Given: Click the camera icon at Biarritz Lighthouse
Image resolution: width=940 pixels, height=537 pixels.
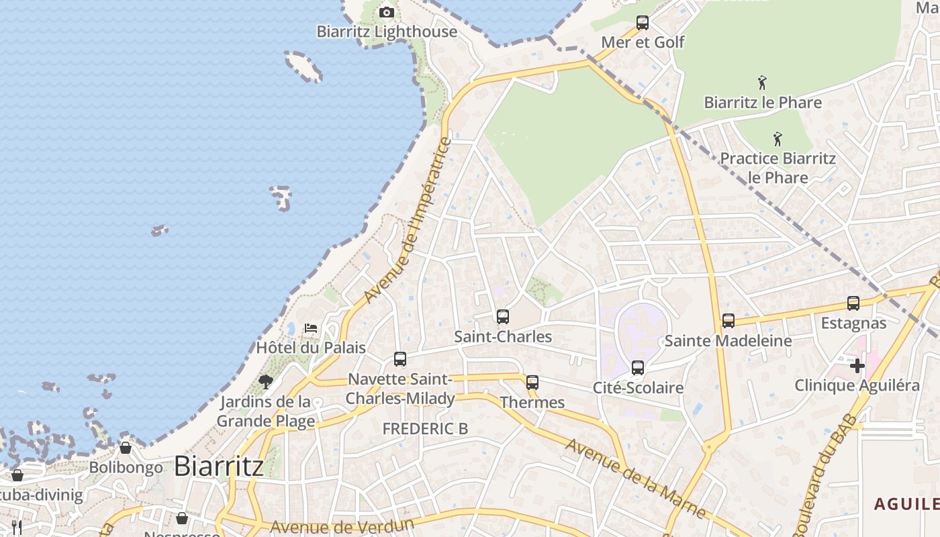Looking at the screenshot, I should tap(386, 12).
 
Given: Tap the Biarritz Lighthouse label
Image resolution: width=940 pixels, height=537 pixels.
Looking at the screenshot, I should tap(387, 32).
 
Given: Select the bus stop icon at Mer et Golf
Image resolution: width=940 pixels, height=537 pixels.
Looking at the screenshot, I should tap(643, 23).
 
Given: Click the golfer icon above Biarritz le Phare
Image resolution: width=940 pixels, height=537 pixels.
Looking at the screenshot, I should tap(762, 83).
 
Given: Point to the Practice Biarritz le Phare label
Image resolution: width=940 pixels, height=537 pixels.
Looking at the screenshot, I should tap(778, 168).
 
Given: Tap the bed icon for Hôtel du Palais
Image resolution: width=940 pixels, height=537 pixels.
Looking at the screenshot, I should tap(311, 328).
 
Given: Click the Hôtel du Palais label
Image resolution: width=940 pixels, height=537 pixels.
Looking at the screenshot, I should tap(311, 348).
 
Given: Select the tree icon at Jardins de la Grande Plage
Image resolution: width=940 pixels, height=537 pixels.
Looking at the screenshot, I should tap(266, 382).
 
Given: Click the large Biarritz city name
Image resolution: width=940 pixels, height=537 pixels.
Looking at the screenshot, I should tap(218, 467).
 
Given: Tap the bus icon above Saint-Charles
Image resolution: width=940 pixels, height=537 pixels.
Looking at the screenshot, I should tap(503, 317).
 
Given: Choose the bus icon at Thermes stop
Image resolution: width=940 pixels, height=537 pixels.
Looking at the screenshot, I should tap(532, 383).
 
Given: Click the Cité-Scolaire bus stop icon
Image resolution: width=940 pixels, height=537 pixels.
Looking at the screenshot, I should tap(638, 368).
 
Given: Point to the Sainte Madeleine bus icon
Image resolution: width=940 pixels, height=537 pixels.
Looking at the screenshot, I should tap(728, 321).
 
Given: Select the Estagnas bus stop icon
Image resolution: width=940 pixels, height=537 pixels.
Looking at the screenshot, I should tap(853, 303).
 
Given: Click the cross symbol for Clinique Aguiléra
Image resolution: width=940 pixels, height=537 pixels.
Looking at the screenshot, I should tap(857, 366).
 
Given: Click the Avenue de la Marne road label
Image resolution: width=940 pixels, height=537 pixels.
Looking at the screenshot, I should tap(634, 479).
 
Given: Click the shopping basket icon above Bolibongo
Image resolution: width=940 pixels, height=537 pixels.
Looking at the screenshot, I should tap(126, 448).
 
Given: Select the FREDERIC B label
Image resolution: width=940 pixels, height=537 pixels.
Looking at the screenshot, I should tap(425, 429).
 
